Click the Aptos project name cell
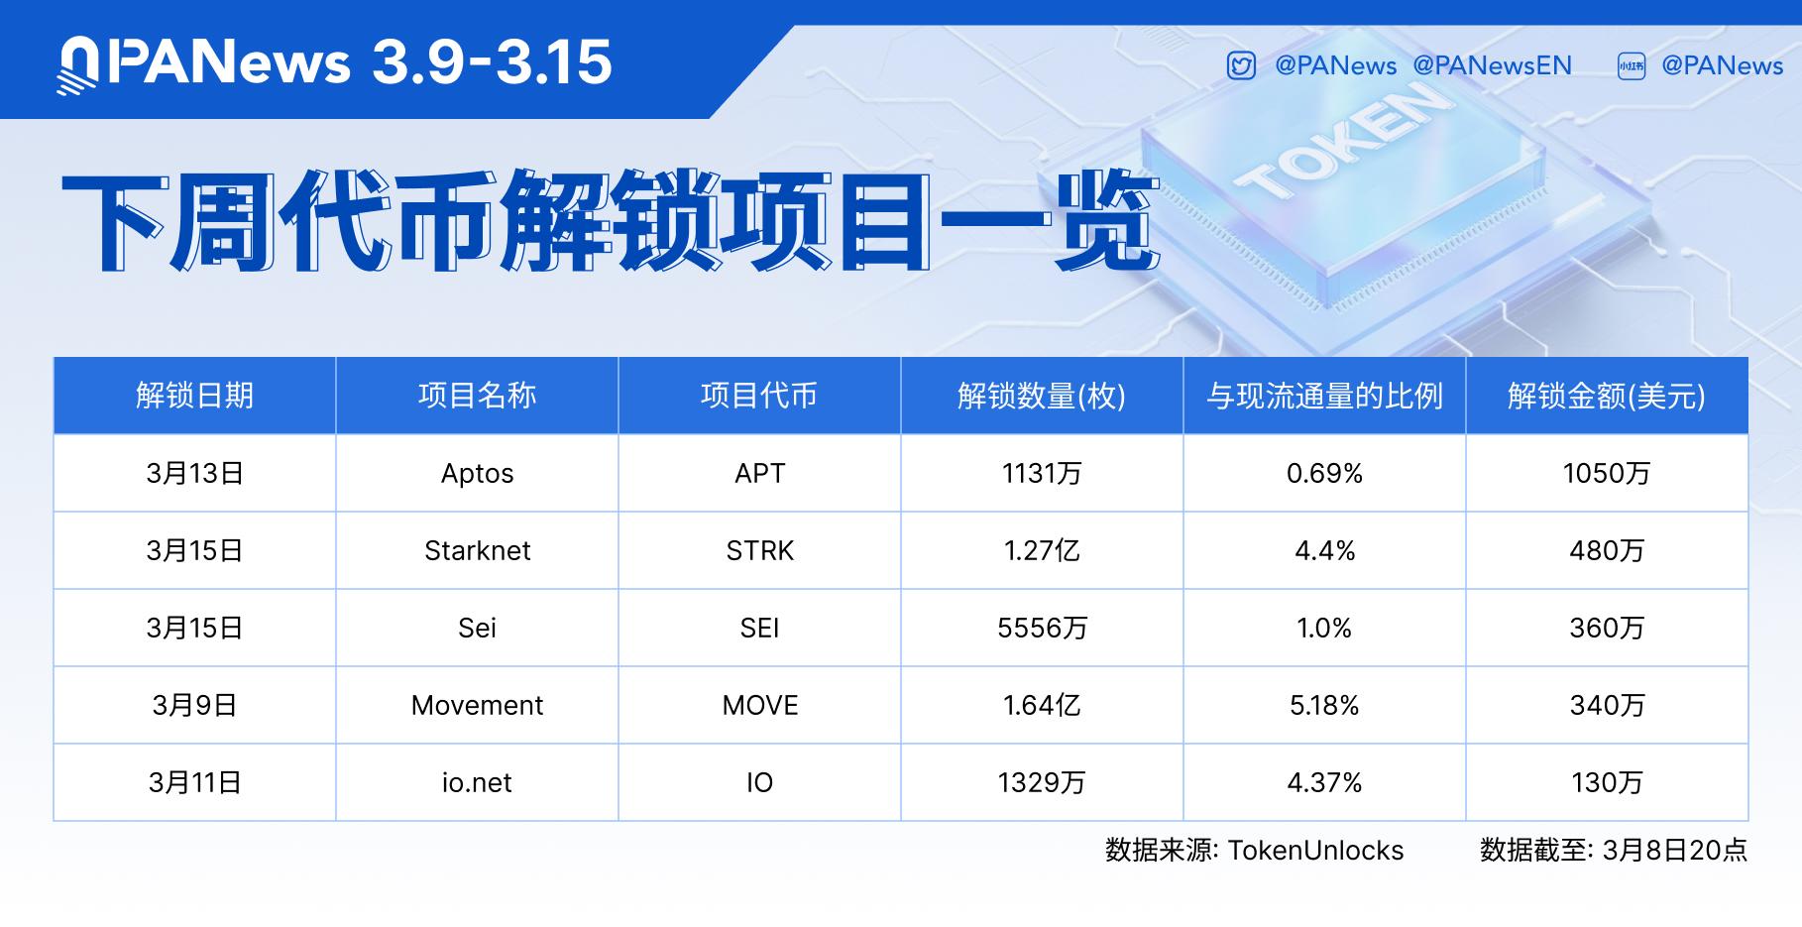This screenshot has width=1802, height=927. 477,473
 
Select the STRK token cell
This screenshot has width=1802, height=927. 759,550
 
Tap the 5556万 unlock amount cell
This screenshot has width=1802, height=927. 1042,628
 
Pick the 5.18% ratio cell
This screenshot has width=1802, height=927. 1324,705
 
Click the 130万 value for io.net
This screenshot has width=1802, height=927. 1607,782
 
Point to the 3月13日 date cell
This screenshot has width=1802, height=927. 194,473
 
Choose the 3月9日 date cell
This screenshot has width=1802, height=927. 194,705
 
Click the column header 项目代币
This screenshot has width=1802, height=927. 759,396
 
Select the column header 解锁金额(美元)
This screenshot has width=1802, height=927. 1607,396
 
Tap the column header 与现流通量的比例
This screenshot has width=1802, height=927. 1324,396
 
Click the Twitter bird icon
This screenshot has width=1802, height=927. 1241,66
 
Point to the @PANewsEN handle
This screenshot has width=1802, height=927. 1492,65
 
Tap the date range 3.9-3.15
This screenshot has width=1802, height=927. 492,62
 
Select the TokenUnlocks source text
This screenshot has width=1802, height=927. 1315,850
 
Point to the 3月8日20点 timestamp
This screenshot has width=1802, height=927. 1674,850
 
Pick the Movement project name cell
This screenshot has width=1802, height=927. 477,705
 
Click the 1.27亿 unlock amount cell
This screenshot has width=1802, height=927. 1042,550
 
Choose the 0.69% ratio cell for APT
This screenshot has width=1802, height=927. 1324,473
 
